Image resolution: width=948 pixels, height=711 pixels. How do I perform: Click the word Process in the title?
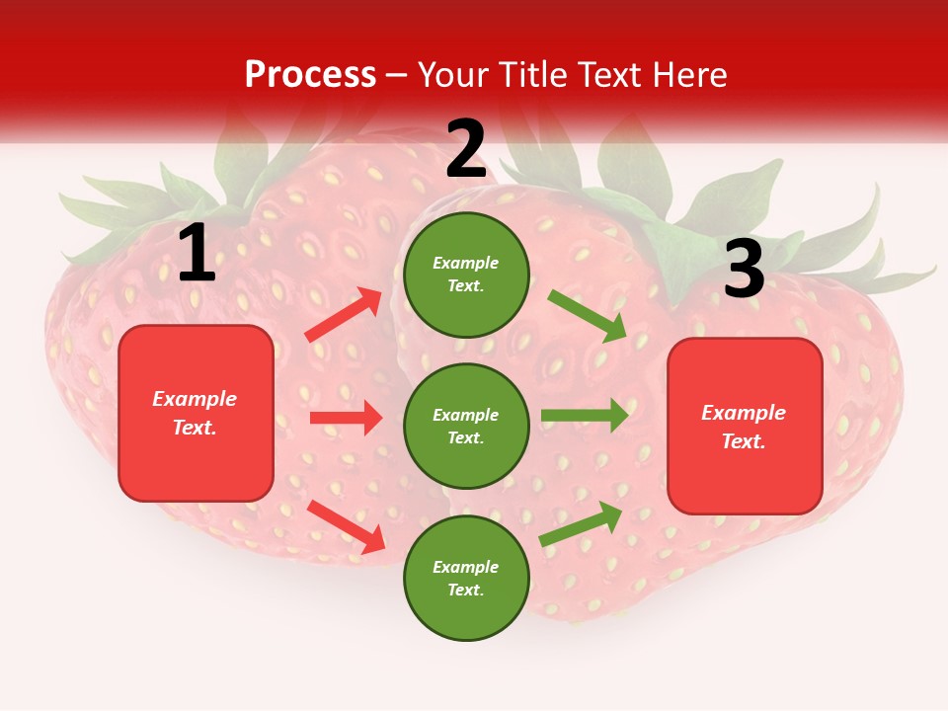[x=310, y=75]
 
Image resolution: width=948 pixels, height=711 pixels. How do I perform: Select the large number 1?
[x=197, y=255]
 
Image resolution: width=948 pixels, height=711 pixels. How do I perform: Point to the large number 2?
[x=466, y=150]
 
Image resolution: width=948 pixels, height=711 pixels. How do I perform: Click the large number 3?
[x=744, y=270]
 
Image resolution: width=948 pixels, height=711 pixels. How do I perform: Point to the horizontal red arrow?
[x=346, y=418]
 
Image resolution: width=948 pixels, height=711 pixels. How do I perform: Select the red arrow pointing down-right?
[x=347, y=526]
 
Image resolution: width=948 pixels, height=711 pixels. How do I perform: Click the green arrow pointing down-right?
[x=588, y=316]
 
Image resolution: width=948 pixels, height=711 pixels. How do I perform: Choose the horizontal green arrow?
[x=585, y=415]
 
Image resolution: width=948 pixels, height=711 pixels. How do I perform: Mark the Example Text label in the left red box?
[x=195, y=413]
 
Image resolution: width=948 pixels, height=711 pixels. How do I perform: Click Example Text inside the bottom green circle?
[x=465, y=579]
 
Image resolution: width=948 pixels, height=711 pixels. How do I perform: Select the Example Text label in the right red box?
[x=744, y=427]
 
